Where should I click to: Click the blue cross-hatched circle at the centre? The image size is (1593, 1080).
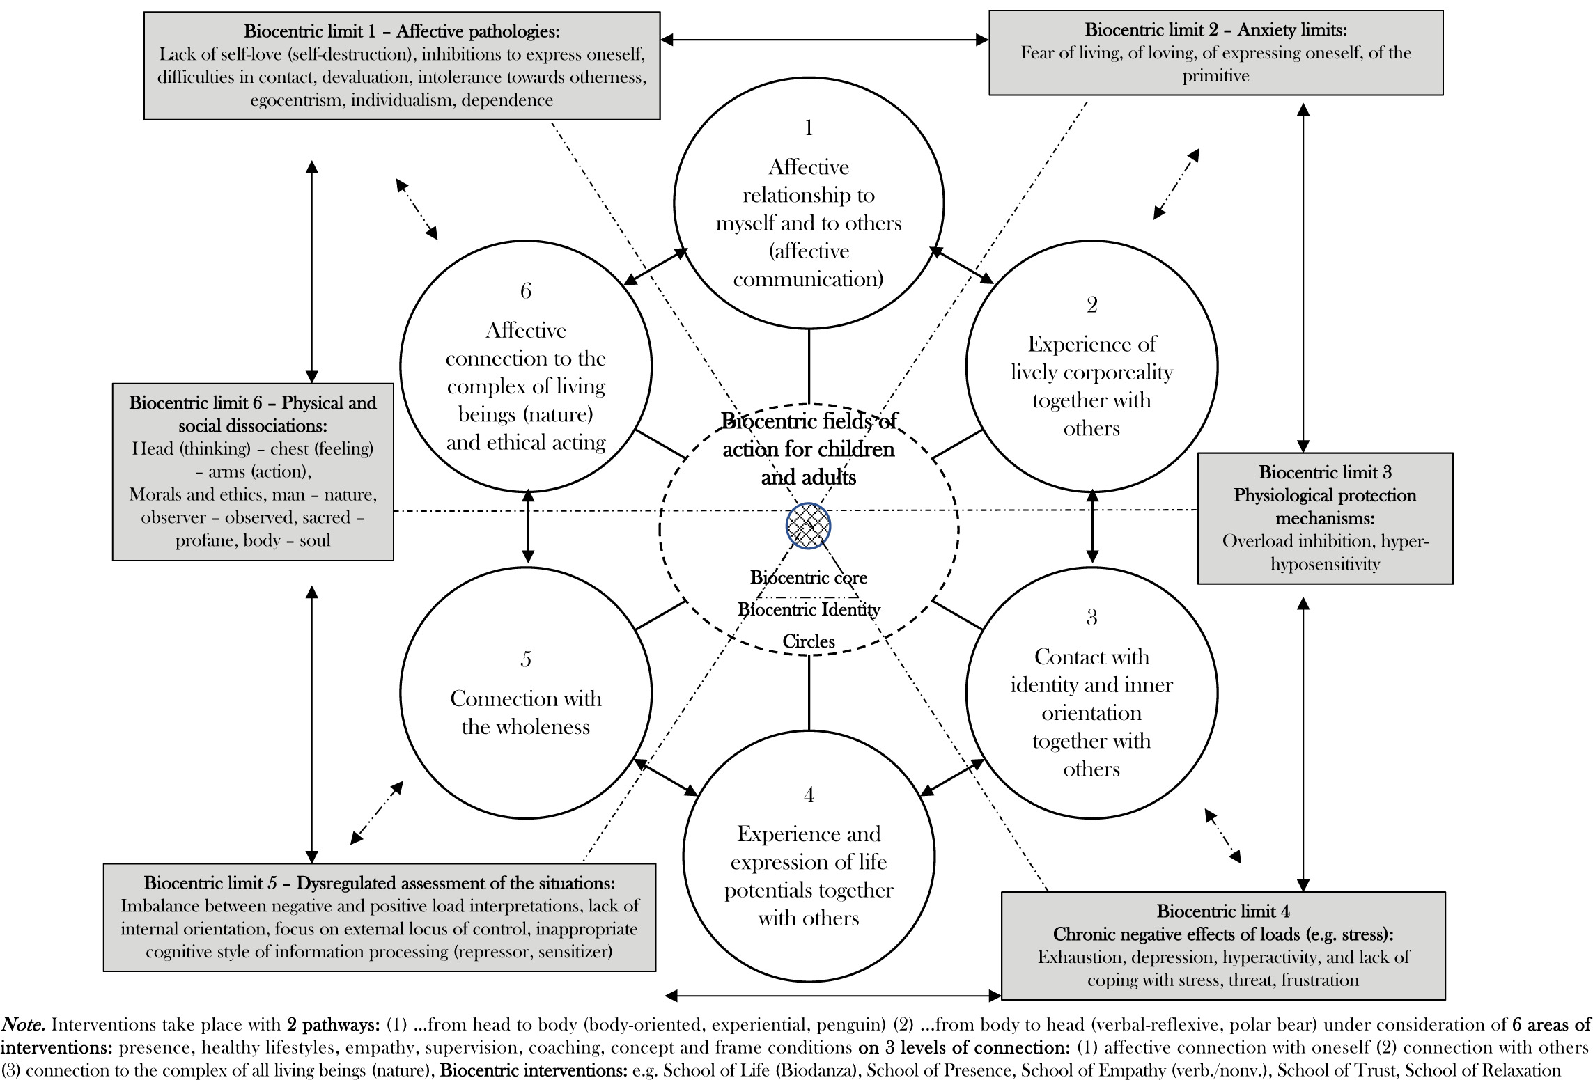(x=808, y=526)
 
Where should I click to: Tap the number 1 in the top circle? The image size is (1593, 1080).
(x=809, y=128)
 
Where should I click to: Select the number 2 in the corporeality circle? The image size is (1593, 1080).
(x=1091, y=305)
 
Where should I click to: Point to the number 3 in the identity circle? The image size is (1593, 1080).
(x=1091, y=618)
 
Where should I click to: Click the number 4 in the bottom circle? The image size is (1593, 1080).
(x=809, y=795)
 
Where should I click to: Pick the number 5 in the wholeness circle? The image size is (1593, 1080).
(x=526, y=659)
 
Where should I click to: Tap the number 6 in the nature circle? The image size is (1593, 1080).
(x=526, y=291)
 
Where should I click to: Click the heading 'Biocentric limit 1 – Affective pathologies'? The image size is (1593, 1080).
(x=402, y=31)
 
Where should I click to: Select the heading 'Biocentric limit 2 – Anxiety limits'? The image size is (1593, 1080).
(x=1215, y=30)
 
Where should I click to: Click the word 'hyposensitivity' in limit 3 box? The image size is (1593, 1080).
(x=1325, y=564)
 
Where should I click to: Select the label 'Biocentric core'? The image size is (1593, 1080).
(x=809, y=578)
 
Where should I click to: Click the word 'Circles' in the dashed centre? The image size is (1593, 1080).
(x=809, y=641)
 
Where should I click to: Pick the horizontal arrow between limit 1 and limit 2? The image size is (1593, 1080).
(x=824, y=40)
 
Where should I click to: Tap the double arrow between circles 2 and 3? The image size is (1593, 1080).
(x=1092, y=526)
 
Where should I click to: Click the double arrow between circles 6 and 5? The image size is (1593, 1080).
(x=528, y=526)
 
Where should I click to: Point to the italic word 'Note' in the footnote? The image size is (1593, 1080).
(x=23, y=1025)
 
